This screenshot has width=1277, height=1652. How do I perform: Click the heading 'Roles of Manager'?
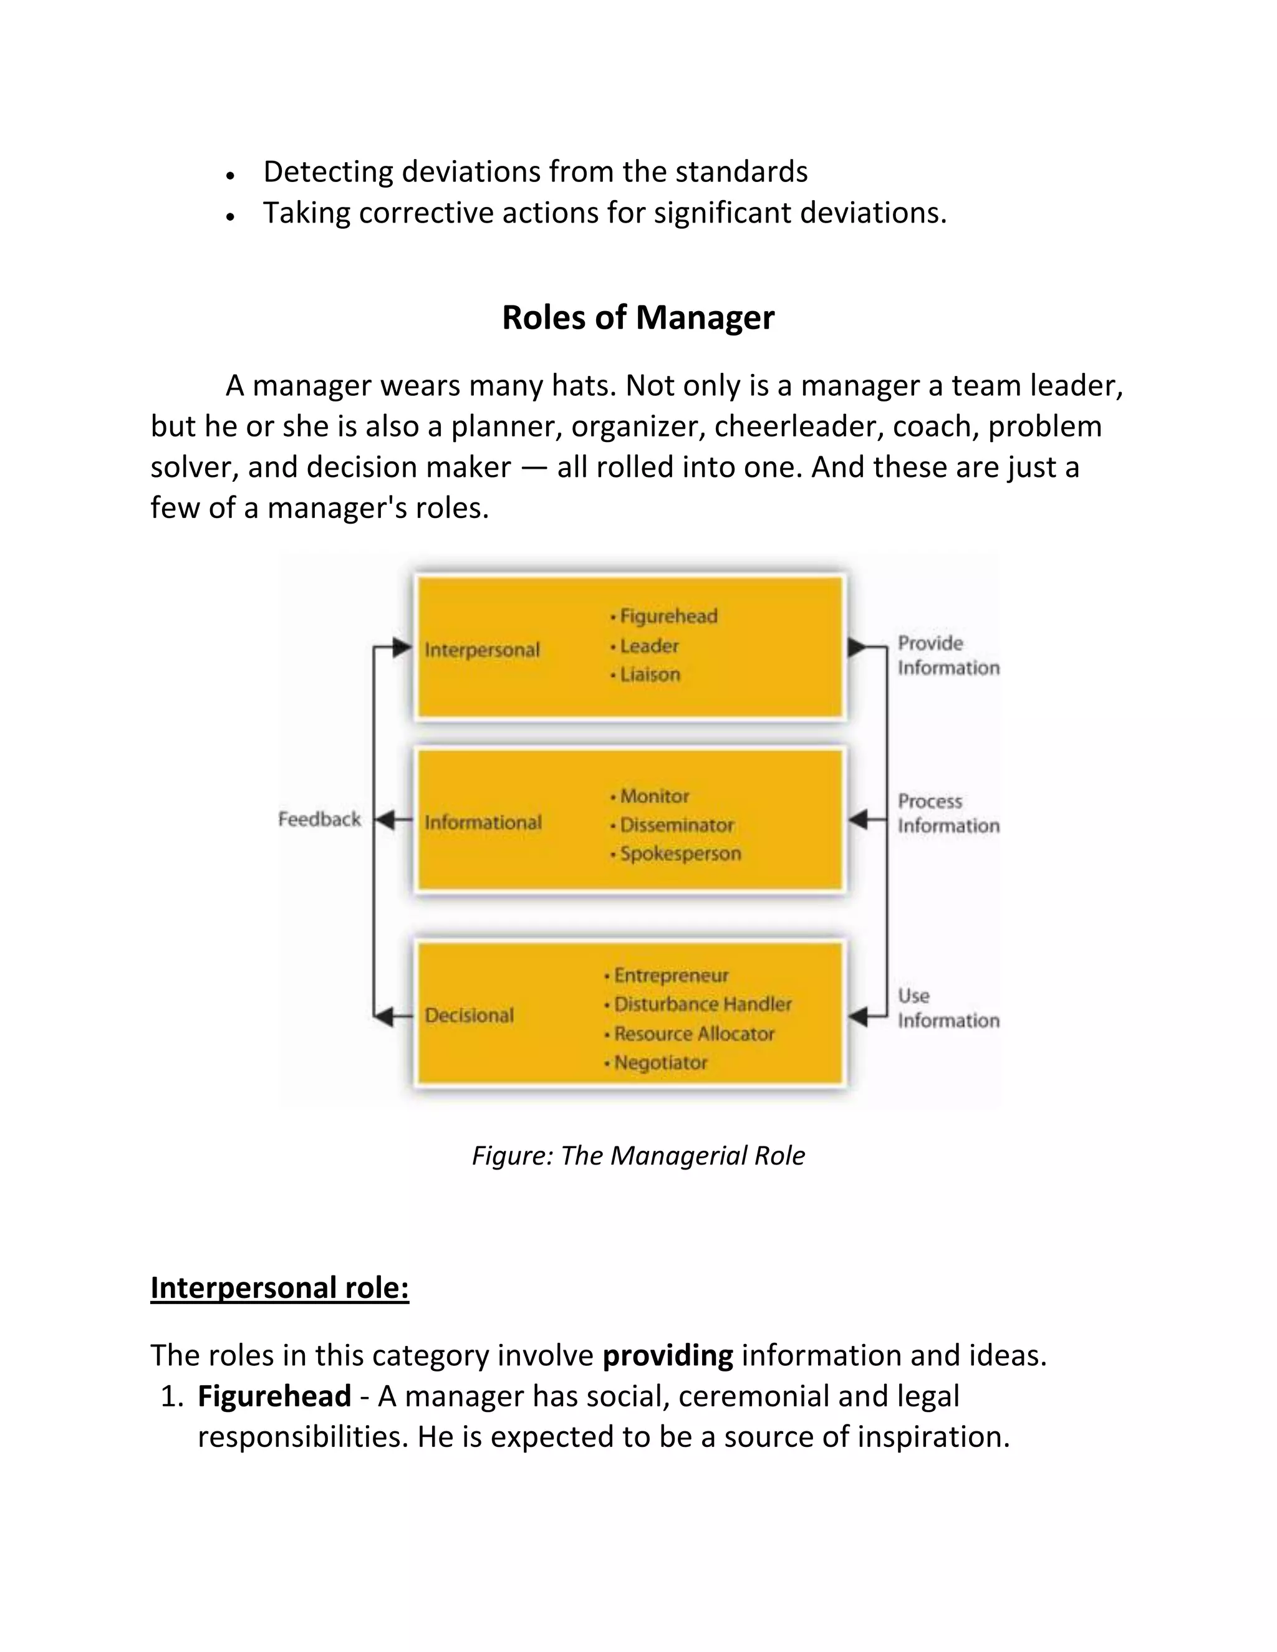click(638, 318)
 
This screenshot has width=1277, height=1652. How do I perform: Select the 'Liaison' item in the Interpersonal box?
click(649, 675)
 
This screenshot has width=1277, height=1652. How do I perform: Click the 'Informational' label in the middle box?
click(483, 823)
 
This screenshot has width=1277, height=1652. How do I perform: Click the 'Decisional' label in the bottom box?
click(469, 1015)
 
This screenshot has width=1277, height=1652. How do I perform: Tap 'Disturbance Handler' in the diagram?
click(702, 1004)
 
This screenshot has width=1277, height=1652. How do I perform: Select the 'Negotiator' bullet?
click(660, 1063)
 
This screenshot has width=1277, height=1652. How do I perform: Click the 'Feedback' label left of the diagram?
click(319, 819)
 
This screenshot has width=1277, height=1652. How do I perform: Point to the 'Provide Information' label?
click(948, 655)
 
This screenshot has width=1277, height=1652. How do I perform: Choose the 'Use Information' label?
click(948, 1008)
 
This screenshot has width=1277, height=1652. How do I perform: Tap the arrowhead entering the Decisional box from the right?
click(858, 1017)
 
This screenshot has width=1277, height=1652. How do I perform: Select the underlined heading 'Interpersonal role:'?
click(279, 1288)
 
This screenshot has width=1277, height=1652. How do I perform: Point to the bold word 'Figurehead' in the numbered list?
click(274, 1396)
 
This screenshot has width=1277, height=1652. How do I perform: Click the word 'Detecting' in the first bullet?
click(327, 171)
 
